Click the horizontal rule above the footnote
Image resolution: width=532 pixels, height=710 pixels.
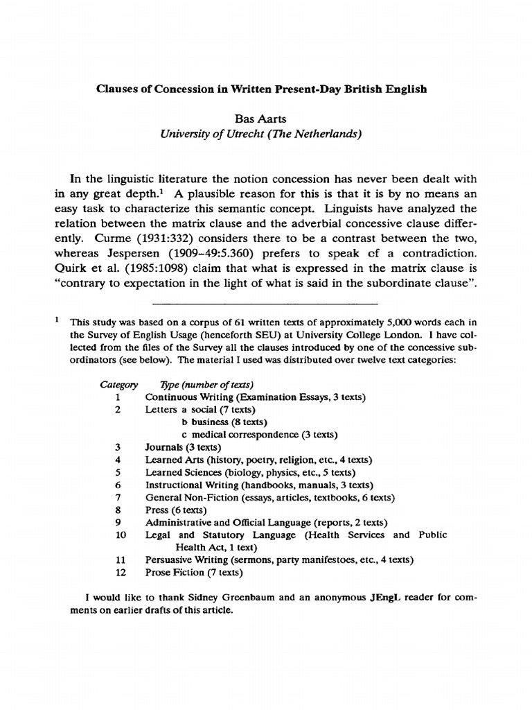tap(265, 304)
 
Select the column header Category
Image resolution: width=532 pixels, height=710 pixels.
tap(118, 384)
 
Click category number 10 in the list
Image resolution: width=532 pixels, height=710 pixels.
tap(118, 535)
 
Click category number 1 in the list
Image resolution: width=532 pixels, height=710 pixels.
tap(118, 397)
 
